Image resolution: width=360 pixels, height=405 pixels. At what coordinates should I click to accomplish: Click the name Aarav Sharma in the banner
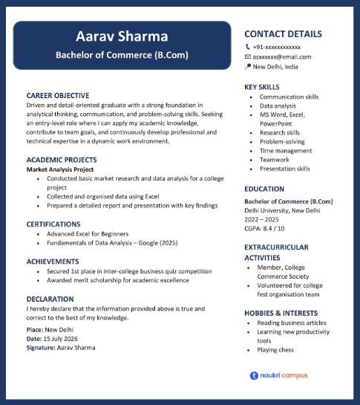click(122, 36)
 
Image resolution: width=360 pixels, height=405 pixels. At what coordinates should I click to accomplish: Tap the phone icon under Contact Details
click(248, 47)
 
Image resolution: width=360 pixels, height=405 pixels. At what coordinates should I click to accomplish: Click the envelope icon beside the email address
click(248, 56)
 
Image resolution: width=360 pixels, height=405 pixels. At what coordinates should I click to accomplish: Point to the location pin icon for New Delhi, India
click(248, 67)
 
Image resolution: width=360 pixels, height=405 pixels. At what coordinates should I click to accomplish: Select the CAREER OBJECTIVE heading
click(57, 96)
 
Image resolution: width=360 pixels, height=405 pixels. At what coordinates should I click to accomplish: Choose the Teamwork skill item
click(274, 160)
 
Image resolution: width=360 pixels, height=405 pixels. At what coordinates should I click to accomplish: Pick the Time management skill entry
click(286, 151)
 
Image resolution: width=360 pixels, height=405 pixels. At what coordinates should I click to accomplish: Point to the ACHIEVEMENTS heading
click(53, 262)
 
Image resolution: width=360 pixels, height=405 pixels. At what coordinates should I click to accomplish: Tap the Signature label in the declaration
click(40, 347)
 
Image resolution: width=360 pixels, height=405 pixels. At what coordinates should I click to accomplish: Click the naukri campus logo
click(278, 375)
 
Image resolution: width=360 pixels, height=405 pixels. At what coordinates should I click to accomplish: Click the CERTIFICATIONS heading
click(53, 224)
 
